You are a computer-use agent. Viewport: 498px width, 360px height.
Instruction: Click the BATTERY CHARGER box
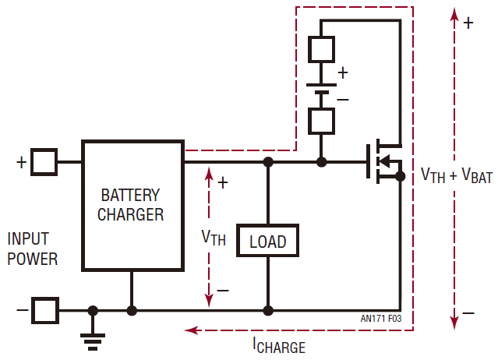coord(132,205)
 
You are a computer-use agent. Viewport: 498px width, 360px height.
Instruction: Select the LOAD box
coord(267,242)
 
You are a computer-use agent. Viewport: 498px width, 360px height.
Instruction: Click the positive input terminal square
coord(45,162)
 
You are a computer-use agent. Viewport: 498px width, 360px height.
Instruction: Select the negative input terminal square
coord(45,310)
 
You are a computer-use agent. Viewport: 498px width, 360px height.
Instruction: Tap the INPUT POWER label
coord(33,249)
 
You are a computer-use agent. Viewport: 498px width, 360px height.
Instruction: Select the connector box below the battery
coord(322,121)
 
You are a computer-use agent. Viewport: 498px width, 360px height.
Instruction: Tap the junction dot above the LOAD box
coord(268,162)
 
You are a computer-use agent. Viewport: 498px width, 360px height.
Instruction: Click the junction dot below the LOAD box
coord(268,310)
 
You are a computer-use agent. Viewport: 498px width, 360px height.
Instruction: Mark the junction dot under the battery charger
coord(132,310)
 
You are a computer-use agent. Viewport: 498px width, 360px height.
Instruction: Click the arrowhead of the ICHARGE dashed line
coord(188,330)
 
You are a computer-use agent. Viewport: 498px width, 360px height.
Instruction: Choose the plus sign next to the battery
coord(343,72)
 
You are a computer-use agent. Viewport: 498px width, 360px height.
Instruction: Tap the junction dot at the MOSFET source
coord(400,177)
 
